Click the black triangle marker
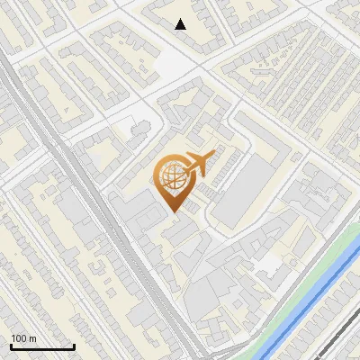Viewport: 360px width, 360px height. [181, 24]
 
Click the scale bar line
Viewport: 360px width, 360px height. [41, 347]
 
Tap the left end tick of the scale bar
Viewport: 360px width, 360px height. [10, 346]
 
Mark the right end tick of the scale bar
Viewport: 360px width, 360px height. [74, 346]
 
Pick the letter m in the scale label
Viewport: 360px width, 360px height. [32, 338]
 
